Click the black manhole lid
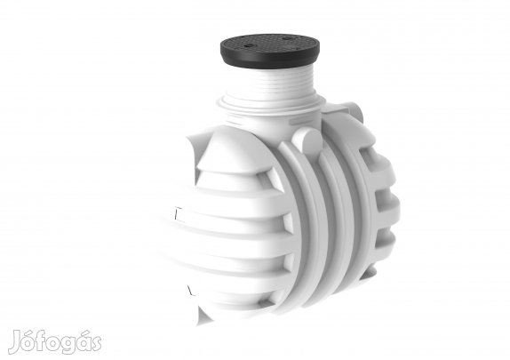click(269, 50)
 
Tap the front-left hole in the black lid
click(249, 45)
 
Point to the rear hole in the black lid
click(286, 39)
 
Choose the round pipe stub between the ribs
click(307, 139)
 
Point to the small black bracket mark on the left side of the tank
click(178, 213)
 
